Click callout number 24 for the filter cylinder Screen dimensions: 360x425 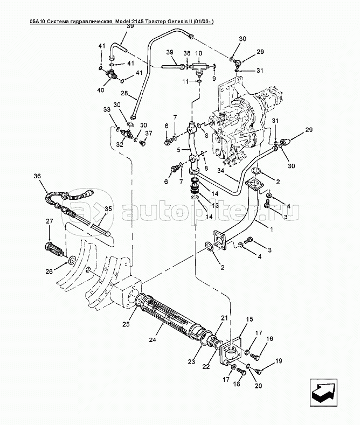pos(153,339)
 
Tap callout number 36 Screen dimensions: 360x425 pos(37,176)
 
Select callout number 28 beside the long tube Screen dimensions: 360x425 pos(124,94)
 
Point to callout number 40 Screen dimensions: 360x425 pos(101,90)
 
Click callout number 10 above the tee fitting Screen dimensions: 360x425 pos(199,53)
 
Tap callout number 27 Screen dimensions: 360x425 pos(49,221)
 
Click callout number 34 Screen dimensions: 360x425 pos(221,171)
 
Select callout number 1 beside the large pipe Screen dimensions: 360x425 pos(272,229)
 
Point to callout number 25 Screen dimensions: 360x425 pos(126,324)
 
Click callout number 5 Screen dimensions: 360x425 pos(178,149)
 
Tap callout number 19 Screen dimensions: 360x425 pos(279,361)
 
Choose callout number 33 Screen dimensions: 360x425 pos(107,109)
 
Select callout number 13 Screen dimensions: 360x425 pos(215,206)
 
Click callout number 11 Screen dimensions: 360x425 pos(185,81)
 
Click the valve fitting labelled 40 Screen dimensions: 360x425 pos(112,74)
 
